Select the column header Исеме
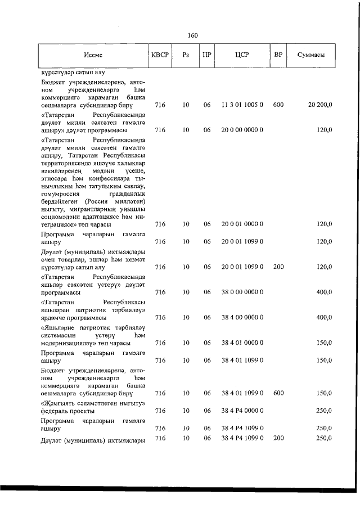pos(93,55)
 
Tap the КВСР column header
pos(160,55)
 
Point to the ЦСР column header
pos(242,55)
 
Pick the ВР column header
pos(277,55)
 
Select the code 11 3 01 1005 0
pos(242,105)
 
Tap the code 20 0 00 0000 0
pos(242,130)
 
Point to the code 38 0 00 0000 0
pos(242,292)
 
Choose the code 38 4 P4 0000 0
pos(242,411)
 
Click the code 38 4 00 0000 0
pos(242,317)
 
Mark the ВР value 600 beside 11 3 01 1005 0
pos(278,105)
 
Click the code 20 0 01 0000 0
pos(242,224)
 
